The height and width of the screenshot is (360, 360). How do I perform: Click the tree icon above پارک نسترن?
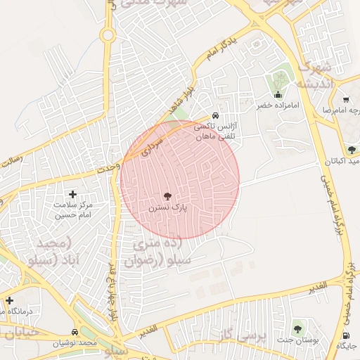click(x=167, y=196)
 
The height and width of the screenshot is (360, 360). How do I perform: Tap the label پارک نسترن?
click(x=167, y=208)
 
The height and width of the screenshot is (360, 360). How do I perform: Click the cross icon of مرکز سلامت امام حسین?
click(x=72, y=193)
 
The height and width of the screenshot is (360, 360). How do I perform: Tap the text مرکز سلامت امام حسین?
click(x=72, y=210)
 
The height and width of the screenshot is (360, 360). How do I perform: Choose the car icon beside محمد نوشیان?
click(x=75, y=332)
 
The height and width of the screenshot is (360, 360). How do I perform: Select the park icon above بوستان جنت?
click(x=297, y=328)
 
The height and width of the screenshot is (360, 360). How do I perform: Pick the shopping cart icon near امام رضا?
click(x=347, y=99)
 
